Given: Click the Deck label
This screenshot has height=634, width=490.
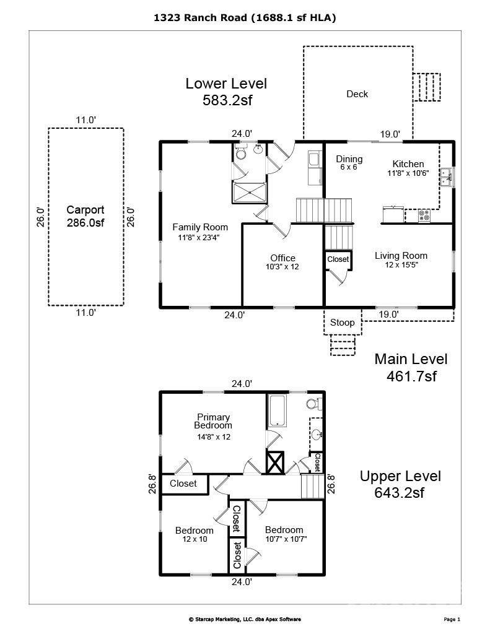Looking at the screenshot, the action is coord(357,94).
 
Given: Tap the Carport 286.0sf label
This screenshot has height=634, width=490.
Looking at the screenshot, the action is coord(85,216).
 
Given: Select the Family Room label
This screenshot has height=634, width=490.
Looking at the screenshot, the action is coord(200,232).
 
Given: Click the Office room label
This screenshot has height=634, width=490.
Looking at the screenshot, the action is coord(282,262).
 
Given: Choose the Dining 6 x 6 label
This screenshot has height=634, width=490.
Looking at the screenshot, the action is coord(349,162).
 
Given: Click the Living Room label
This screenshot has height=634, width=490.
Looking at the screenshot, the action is coord(401,259).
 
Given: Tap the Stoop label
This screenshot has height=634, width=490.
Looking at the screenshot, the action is coord(343,322).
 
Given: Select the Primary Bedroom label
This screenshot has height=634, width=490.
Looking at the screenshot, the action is coord(213,427).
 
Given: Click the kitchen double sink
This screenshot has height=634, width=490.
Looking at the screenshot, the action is coord(447,177).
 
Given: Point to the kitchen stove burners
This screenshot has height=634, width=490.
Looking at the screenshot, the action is coord(424,215).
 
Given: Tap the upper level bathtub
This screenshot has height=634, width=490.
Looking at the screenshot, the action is coord(278,410).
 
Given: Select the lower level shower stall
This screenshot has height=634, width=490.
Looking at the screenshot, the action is coord(249,193).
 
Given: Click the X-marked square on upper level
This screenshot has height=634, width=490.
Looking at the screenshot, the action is coord(275,462).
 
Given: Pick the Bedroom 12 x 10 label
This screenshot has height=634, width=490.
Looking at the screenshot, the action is coord(195,534).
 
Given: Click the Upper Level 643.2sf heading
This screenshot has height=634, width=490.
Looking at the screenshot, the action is coord(400,484).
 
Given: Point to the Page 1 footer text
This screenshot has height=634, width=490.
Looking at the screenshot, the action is coord(452,619).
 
